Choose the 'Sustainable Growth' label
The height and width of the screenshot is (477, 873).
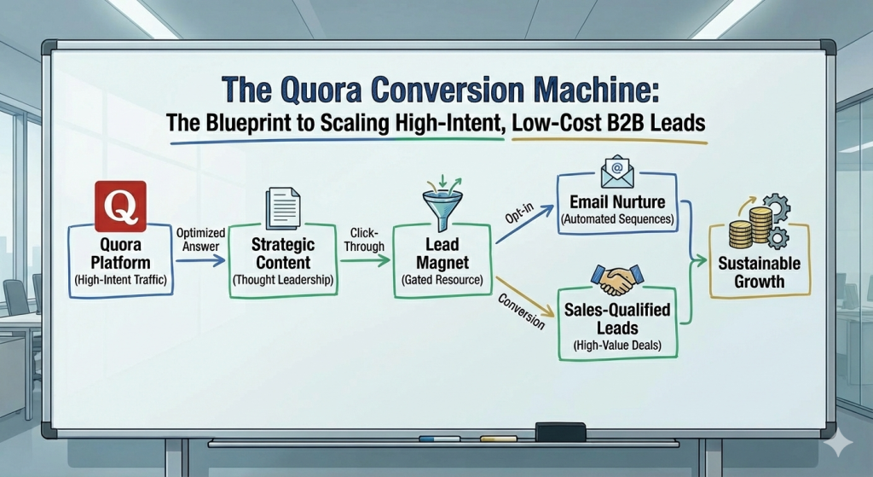(761, 271)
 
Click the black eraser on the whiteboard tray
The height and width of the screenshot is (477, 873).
(560, 433)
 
